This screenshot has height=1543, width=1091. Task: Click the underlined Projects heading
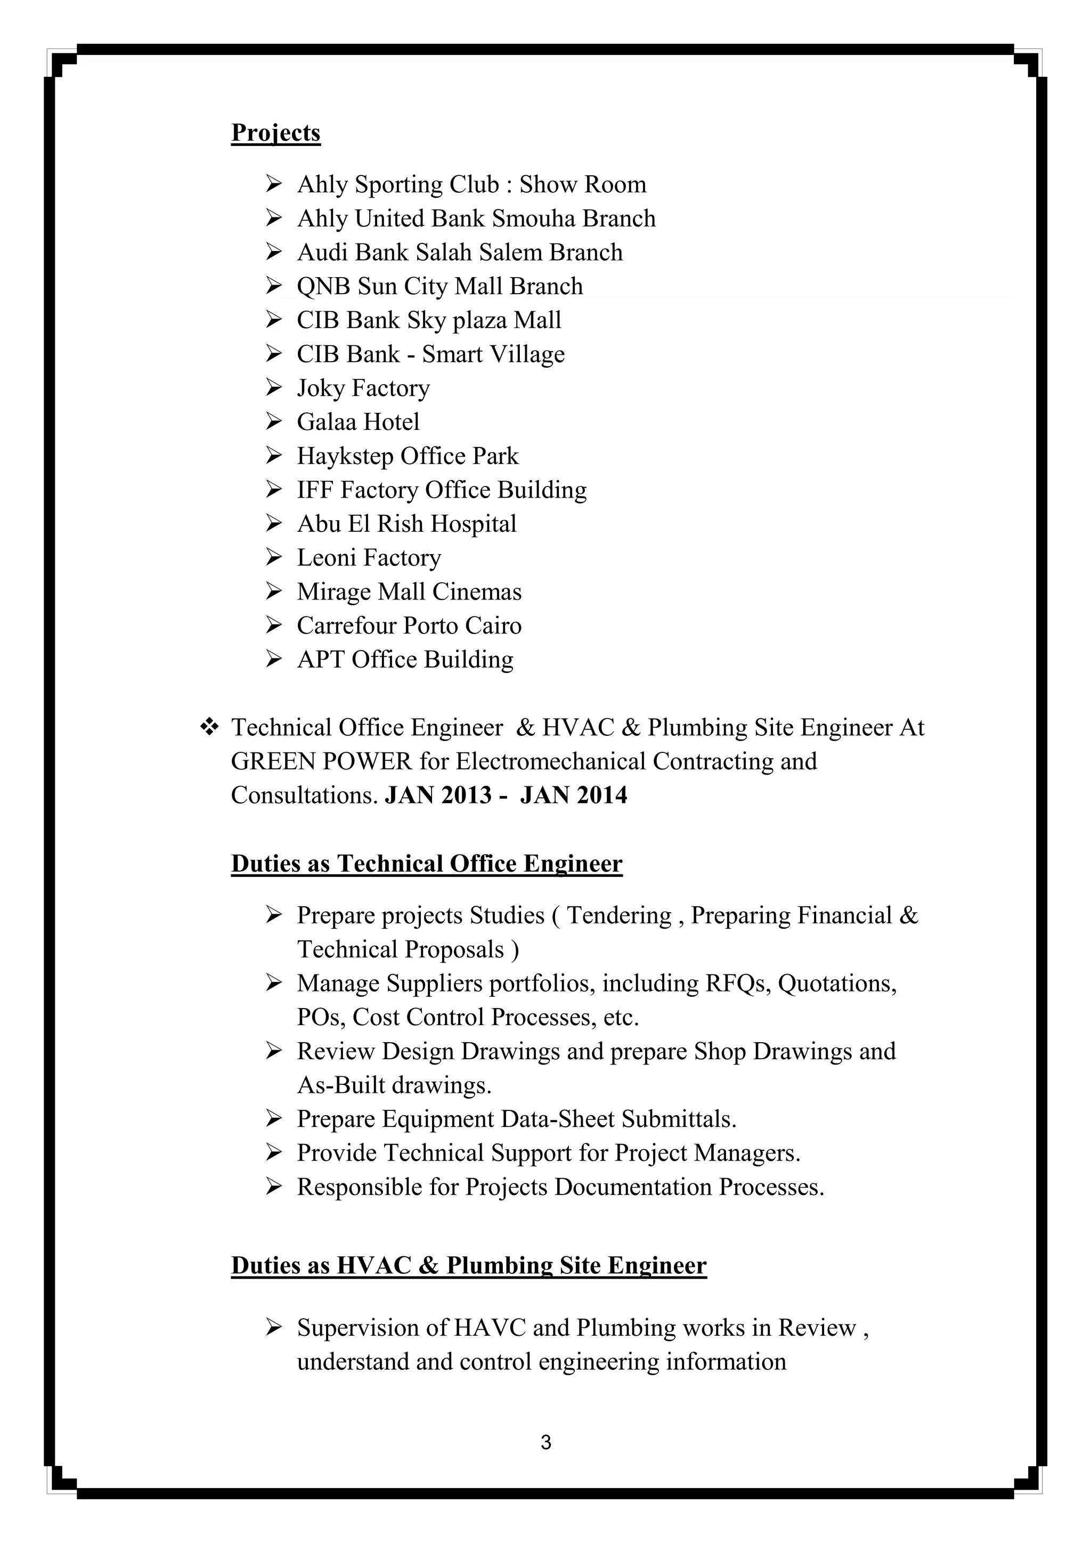(x=275, y=132)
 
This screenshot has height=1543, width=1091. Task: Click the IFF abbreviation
(x=314, y=490)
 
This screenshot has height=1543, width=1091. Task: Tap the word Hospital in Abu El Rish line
(x=473, y=524)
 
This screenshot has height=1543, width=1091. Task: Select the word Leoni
(x=327, y=558)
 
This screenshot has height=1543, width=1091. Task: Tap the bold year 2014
(x=601, y=795)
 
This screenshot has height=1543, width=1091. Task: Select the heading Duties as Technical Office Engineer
(x=427, y=864)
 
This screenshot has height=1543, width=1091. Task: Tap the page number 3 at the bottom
(x=545, y=1443)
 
